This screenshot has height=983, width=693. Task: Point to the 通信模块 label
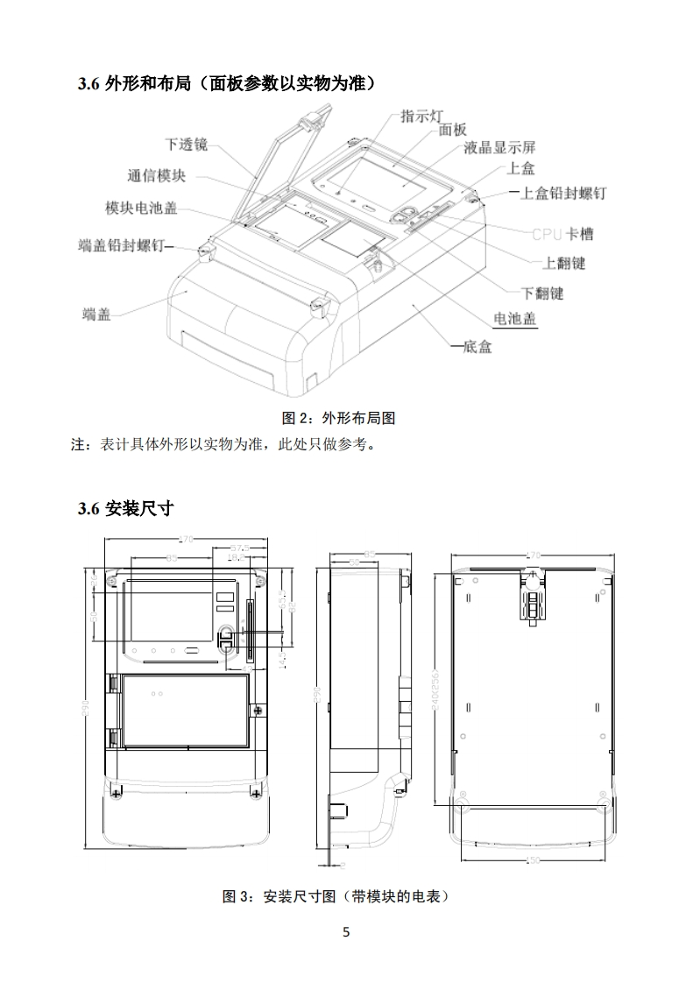coord(156,176)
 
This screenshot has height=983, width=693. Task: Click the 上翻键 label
coord(564,263)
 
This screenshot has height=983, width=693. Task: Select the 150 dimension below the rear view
coord(532,860)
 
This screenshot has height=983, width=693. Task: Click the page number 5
coord(346,932)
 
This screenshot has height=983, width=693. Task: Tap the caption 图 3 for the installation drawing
coord(337,897)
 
